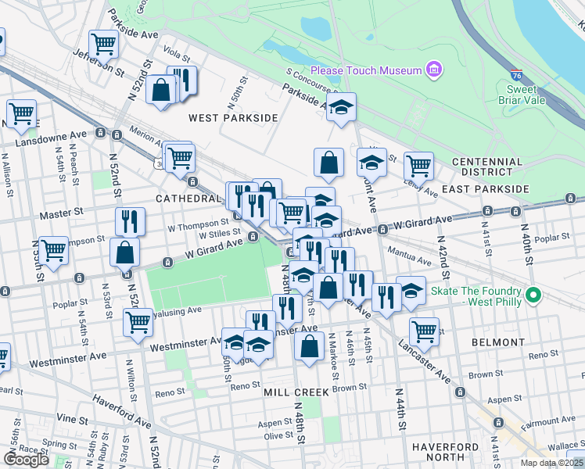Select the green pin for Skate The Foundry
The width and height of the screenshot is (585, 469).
click(533, 295)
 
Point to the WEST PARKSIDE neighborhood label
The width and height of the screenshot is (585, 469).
click(233, 117)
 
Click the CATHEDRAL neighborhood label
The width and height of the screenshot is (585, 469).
click(188, 199)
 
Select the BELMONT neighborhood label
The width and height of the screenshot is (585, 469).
click(498, 342)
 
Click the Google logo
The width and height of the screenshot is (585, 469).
click(26, 460)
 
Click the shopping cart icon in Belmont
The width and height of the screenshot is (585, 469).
click(424, 330)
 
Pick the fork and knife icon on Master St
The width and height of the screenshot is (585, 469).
click(130, 221)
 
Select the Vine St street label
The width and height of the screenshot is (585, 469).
click(76, 420)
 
